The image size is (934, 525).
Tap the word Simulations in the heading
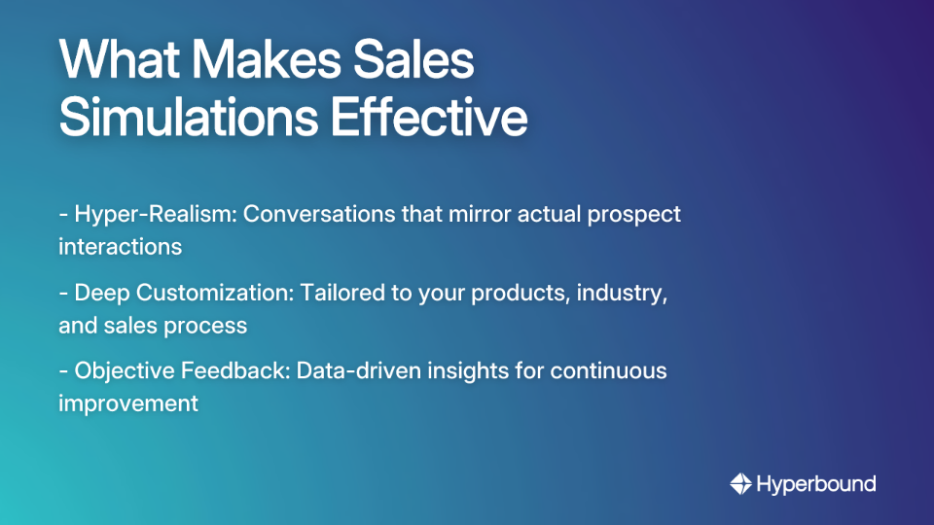(185, 117)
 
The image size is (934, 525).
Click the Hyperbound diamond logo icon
(740, 483)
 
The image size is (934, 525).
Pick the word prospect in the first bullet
(633, 214)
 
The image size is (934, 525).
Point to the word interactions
(120, 246)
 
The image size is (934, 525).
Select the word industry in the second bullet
(622, 293)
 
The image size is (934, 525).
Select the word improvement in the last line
(128, 402)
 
